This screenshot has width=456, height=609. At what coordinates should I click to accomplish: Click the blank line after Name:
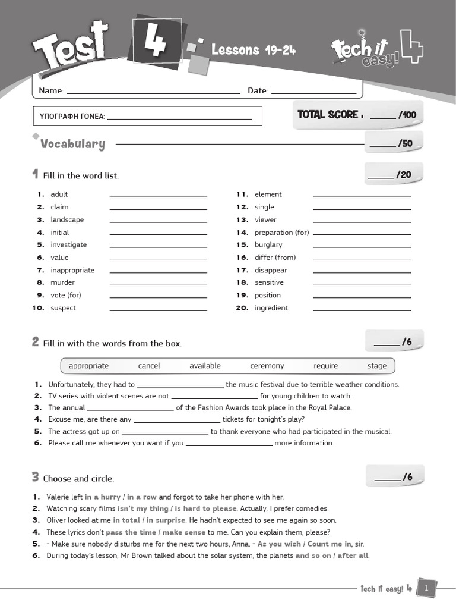coord(153,92)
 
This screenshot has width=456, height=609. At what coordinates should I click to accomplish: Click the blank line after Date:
coord(313,92)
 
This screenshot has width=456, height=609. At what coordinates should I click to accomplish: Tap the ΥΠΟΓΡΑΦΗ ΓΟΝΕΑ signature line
coord(179,117)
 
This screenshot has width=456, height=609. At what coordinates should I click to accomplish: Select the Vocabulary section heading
coord(72,144)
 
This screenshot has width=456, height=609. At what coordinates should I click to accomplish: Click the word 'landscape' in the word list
coord(67,219)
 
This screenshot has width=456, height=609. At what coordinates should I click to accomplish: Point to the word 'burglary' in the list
coord(268,244)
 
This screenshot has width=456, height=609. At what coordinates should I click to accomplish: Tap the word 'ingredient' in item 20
coord(271,307)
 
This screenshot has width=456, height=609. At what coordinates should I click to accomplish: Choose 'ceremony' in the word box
coord(267,366)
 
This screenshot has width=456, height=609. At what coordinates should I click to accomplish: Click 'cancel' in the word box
coord(149,366)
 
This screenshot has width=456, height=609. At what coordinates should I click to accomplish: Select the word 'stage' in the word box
coord(376,366)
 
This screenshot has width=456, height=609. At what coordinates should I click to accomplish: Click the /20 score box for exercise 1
coord(394,174)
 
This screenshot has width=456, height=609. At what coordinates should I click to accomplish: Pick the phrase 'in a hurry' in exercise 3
coord(102,497)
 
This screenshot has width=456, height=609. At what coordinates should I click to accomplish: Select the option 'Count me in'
coord(330,544)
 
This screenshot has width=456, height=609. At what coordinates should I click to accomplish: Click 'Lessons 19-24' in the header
coord(254,50)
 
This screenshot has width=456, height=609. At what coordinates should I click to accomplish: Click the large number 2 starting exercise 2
coord(36,342)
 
